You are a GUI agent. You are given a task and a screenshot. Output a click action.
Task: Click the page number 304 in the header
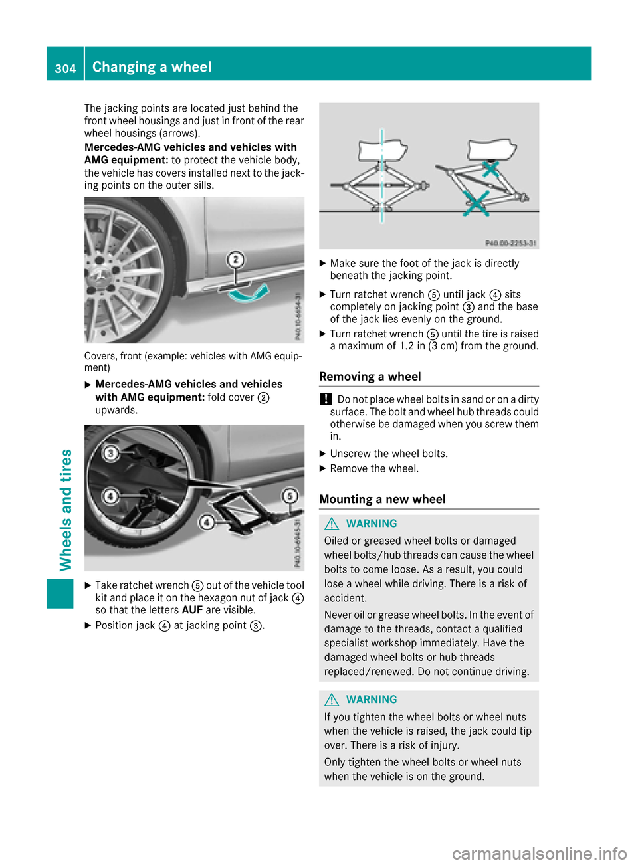click(x=65, y=68)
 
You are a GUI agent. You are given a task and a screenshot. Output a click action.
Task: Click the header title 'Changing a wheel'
click(x=152, y=67)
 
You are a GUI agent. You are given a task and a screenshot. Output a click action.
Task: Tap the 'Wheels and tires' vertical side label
click(x=66, y=510)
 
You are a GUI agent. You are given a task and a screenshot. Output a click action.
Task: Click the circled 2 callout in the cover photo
click(x=235, y=260)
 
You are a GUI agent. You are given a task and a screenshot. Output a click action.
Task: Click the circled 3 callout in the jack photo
click(x=111, y=453)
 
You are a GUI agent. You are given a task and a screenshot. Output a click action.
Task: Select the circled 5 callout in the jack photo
click(x=290, y=496)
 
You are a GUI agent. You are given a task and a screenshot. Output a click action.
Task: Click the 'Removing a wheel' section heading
click(x=370, y=377)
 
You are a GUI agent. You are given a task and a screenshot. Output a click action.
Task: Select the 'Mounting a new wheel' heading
click(x=382, y=499)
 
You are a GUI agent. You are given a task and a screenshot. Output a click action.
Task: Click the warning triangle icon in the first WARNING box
click(x=332, y=524)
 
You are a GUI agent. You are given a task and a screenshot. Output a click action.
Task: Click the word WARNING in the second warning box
click(x=372, y=700)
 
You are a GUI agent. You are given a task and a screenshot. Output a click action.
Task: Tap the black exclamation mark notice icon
click(x=325, y=399)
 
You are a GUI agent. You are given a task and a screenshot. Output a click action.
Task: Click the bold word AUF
click(x=192, y=610)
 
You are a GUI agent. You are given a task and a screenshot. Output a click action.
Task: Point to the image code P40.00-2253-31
click(x=510, y=243)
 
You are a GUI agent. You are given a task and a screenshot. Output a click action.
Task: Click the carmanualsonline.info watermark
click(x=539, y=853)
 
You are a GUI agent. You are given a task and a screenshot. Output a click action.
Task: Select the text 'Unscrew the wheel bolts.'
click(x=389, y=454)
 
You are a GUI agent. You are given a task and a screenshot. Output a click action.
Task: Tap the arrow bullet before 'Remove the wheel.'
click(x=323, y=468)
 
